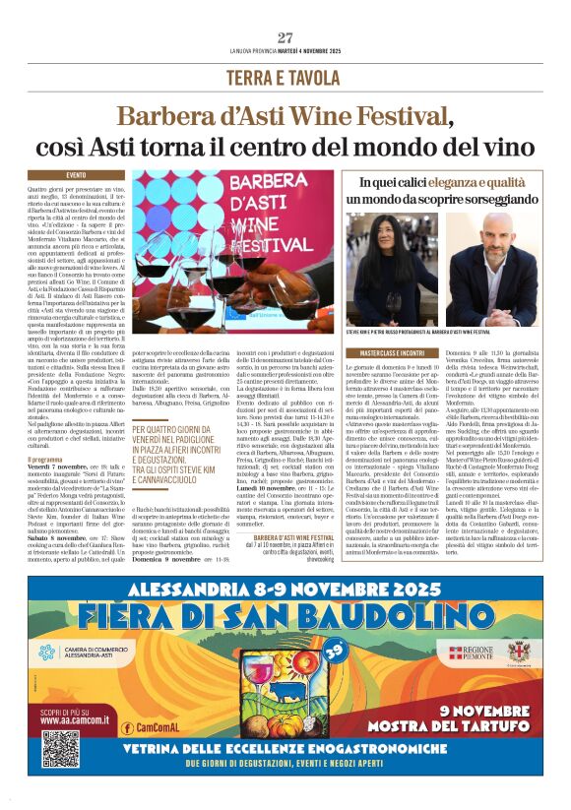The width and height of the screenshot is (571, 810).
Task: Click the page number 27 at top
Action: tap(285, 38)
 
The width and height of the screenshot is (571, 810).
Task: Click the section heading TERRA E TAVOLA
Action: tap(285, 78)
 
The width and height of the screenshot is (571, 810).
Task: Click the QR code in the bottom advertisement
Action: tap(60, 747)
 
